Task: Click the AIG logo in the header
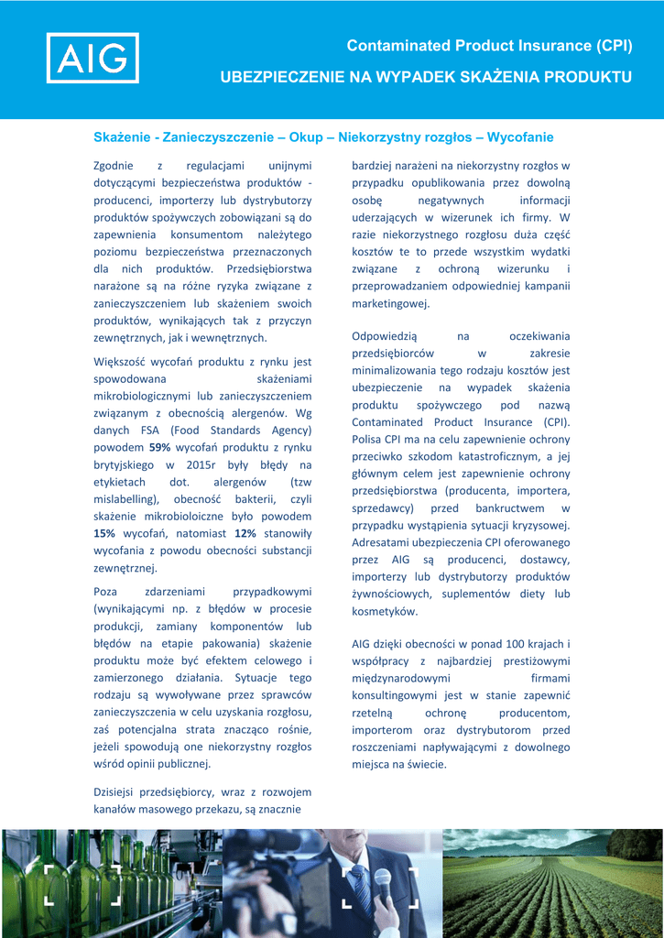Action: [x=93, y=58]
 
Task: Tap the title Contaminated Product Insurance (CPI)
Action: [x=489, y=46]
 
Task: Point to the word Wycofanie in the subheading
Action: [x=520, y=137]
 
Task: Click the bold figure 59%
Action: [x=160, y=447]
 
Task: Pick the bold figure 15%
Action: [x=104, y=533]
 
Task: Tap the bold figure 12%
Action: [x=245, y=533]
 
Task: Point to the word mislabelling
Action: [x=125, y=499]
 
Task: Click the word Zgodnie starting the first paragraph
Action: [x=114, y=166]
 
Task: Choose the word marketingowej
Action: [x=390, y=303]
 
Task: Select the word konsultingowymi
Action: [x=397, y=696]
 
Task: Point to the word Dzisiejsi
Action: [x=116, y=792]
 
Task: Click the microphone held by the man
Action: [x=383, y=882]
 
